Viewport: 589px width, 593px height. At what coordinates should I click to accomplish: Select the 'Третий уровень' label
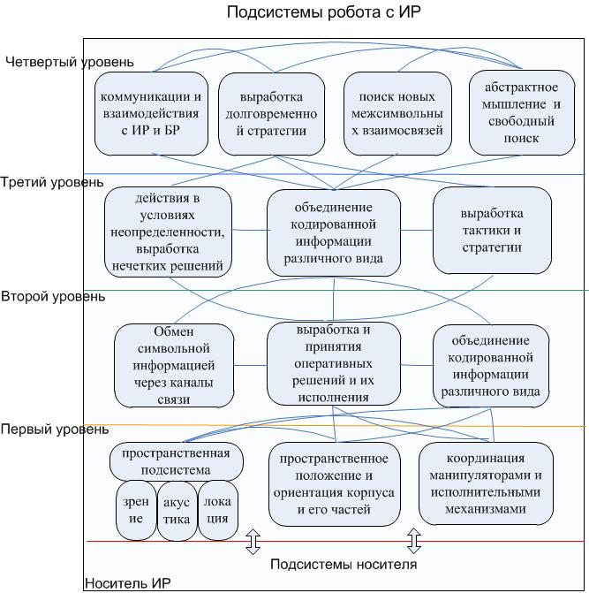pyautogui.click(x=51, y=182)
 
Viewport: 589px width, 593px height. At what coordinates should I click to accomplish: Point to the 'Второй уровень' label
pyautogui.click(x=53, y=296)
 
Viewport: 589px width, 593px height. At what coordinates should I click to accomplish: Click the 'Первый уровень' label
pyautogui.click(x=55, y=430)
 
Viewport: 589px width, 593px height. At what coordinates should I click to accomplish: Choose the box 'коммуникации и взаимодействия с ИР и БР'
pyautogui.click(x=152, y=113)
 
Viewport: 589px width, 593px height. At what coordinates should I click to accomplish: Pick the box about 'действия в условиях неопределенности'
pyautogui.click(x=168, y=230)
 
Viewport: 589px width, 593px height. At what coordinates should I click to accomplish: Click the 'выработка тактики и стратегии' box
pyautogui.click(x=492, y=230)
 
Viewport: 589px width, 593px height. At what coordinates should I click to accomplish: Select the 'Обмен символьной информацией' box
pyautogui.click(x=173, y=365)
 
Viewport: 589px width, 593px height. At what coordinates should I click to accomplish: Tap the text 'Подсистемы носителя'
pyautogui.click(x=344, y=565)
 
